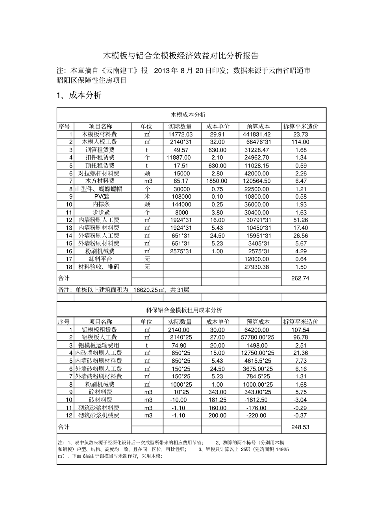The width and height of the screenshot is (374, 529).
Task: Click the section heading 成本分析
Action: pyautogui.click(x=85, y=95)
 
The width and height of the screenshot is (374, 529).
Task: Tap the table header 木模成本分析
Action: pyautogui.click(x=188, y=115)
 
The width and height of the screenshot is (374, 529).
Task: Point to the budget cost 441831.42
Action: pyautogui.click(x=256, y=135)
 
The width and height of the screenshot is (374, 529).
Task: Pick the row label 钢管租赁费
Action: pyautogui.click(x=100, y=150)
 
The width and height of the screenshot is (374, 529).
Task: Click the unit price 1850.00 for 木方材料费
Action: pyautogui.click(x=217, y=181)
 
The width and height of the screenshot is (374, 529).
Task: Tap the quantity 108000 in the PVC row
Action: pyautogui.click(x=181, y=197)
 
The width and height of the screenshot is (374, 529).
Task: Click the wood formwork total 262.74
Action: pyautogui.click(x=300, y=278)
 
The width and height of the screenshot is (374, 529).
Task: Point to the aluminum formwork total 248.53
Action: pyautogui.click(x=300, y=427)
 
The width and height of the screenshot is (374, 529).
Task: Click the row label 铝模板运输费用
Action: pyautogui.click(x=99, y=345)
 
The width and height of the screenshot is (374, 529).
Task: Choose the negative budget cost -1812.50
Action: pyautogui.click(x=256, y=400)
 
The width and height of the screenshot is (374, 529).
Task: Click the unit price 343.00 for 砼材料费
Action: pyautogui.click(x=217, y=392)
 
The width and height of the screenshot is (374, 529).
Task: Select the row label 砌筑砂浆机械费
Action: pyautogui.click(x=99, y=415)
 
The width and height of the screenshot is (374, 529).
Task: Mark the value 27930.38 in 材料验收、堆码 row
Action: pyautogui.click(x=256, y=267)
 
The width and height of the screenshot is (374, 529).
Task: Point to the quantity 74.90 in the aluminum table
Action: pyautogui.click(x=179, y=345)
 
